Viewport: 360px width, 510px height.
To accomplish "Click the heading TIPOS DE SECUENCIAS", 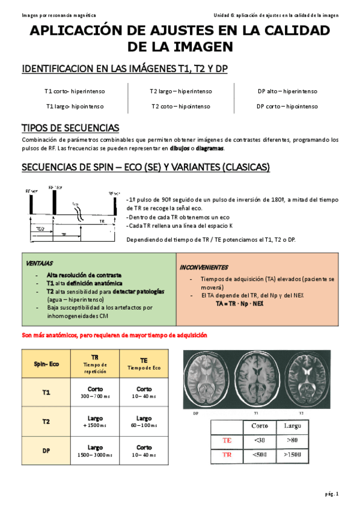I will pyautogui.click(x=70, y=128).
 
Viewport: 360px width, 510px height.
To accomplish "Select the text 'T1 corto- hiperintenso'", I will pyautogui.click(x=75, y=91).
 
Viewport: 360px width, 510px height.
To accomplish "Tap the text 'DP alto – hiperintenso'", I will pyautogui.click(x=287, y=91).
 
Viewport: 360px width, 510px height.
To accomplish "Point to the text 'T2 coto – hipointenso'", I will pyautogui.click(x=181, y=106).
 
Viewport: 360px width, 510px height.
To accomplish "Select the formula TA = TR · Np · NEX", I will pyautogui.click(x=239, y=304).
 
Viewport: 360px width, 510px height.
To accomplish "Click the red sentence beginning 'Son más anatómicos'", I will pyautogui.click(x=114, y=335).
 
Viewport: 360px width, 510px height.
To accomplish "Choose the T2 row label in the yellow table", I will pyautogui.click(x=46, y=422).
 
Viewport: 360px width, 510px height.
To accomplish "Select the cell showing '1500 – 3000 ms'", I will pyautogui.click(x=95, y=455).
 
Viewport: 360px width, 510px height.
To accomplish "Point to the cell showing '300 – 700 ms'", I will pyautogui.click(x=95, y=397).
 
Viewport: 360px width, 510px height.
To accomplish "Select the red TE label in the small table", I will pyautogui.click(x=227, y=440).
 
